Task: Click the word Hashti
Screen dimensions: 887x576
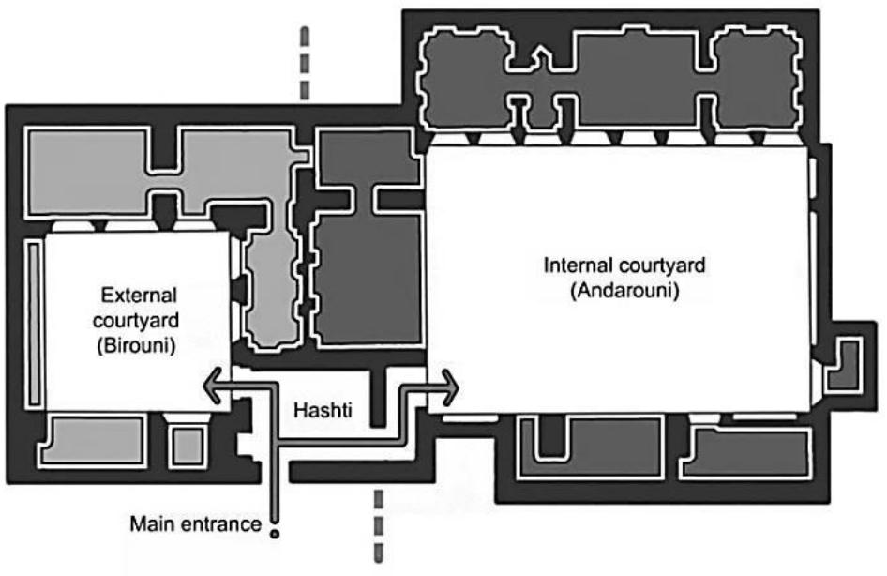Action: click(x=323, y=410)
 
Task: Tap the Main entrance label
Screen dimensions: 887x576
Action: click(x=196, y=524)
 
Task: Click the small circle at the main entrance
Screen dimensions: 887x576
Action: click(x=275, y=534)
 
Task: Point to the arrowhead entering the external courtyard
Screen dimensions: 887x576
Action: click(x=212, y=386)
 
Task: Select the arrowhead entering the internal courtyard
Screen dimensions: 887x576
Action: click(x=449, y=388)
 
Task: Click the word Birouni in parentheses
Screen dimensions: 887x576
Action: click(x=136, y=344)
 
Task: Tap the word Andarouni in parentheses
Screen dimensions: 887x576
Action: click(x=624, y=291)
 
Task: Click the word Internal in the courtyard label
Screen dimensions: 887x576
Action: click(x=579, y=265)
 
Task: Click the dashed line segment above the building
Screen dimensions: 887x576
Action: click(x=305, y=64)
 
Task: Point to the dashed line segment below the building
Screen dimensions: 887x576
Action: click(x=379, y=526)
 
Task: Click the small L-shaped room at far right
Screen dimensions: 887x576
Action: click(x=845, y=365)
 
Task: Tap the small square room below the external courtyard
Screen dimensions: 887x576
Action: click(x=188, y=447)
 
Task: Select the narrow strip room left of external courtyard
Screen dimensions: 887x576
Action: click(x=35, y=324)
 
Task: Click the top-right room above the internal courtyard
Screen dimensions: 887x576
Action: click(x=758, y=78)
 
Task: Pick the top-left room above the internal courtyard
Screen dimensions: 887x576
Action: click(x=466, y=78)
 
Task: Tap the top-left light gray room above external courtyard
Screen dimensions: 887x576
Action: click(x=88, y=173)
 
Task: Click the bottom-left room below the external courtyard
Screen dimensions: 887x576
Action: click(x=93, y=441)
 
